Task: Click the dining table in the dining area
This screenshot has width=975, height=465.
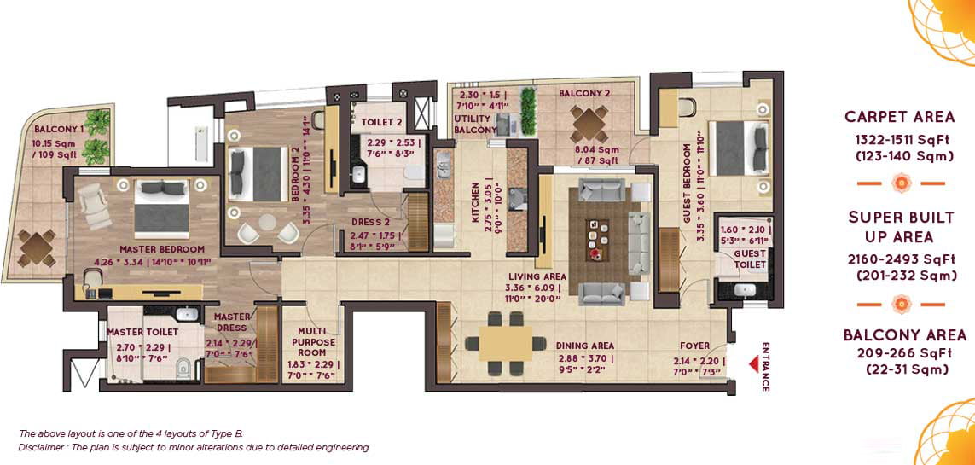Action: (505, 344)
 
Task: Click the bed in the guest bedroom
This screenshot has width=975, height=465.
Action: (738, 148)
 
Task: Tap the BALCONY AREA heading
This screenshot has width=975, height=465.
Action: (905, 335)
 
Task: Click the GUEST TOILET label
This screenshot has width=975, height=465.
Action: (750, 259)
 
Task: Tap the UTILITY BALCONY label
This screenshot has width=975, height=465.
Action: (476, 124)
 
